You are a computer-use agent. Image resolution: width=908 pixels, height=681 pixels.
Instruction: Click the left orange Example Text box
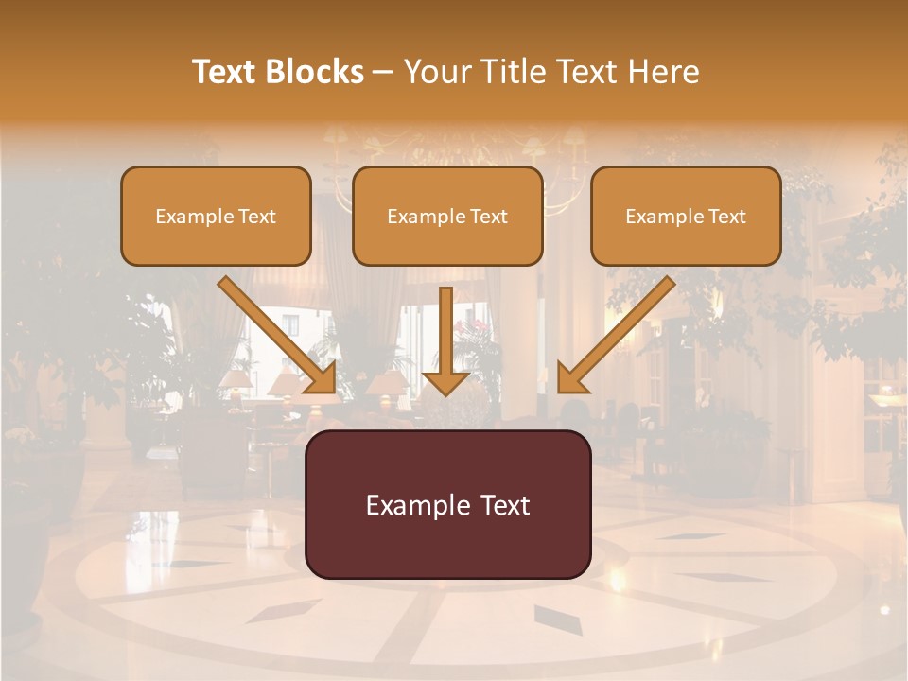[216, 217]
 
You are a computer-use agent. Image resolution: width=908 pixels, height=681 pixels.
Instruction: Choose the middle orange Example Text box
[447, 217]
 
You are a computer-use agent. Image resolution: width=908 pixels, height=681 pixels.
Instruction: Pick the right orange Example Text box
[686, 217]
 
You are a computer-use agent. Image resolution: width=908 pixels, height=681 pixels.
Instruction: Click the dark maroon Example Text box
[447, 504]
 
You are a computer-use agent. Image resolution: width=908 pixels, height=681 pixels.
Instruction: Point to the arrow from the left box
[274, 331]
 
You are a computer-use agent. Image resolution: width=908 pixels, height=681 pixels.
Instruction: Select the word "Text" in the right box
[725, 217]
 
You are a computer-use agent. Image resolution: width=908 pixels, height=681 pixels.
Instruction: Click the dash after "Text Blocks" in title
[384, 73]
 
